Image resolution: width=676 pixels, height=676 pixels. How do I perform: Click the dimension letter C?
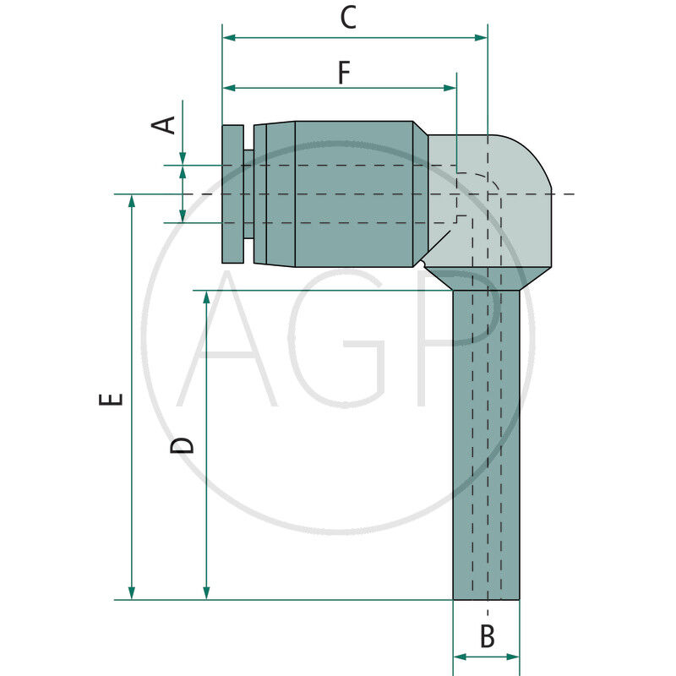(348, 17)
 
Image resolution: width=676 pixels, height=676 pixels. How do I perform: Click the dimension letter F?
(344, 73)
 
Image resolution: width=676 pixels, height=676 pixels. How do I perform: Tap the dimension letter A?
(163, 125)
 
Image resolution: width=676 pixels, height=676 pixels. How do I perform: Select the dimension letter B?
(488, 636)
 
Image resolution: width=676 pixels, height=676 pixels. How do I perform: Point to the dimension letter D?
(182, 445)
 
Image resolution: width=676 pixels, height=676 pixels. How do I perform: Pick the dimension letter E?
(111, 399)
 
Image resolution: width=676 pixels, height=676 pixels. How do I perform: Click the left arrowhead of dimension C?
(229, 38)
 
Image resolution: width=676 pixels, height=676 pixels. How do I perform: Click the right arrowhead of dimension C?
(481, 38)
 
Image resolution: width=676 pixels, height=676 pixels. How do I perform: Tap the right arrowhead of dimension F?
(450, 88)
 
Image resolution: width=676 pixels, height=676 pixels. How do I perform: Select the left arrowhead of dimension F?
(229, 88)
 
